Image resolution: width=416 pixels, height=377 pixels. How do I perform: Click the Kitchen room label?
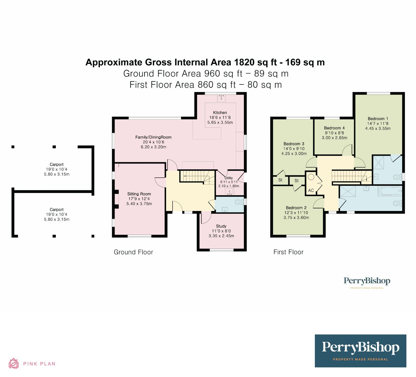[220, 113]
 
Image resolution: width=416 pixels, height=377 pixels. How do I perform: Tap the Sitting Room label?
[139, 194]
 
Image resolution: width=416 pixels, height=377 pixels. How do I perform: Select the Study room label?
[221, 226]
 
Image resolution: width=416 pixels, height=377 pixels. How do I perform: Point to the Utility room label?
[229, 178]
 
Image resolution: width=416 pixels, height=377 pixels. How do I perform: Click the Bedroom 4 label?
[334, 128]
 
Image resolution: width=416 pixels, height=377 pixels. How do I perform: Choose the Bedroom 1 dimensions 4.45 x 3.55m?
[378, 128]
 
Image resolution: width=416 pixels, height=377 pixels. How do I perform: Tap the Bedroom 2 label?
[296, 208]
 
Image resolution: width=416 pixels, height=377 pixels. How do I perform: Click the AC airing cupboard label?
[311, 190]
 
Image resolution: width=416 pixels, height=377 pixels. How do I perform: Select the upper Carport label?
[57, 164]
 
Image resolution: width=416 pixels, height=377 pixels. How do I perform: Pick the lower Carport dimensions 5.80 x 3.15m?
[57, 219]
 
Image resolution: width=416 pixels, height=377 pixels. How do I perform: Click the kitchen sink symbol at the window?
[222, 98]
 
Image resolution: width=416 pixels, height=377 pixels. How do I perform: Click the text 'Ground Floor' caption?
[133, 252]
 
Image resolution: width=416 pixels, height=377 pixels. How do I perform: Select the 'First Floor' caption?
[288, 252]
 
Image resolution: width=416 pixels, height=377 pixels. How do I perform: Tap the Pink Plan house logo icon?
[14, 363]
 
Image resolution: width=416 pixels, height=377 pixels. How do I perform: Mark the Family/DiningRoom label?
[153, 137]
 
